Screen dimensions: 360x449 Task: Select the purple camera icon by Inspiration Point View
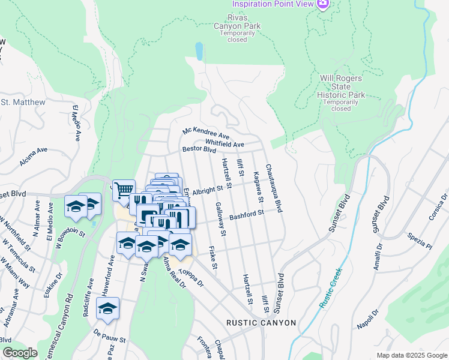click(x=323, y=4)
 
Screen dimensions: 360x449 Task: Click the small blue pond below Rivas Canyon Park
click(x=199, y=52)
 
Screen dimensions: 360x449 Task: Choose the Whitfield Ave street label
click(x=224, y=144)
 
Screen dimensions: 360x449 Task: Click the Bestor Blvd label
click(x=199, y=149)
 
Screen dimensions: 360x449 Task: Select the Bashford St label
click(x=246, y=214)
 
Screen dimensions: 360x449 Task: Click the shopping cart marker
click(x=123, y=190)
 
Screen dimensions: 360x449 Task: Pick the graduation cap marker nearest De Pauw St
click(x=107, y=308)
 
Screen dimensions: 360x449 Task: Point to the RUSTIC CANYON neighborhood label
click(x=261, y=323)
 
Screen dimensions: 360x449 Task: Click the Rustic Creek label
click(x=330, y=289)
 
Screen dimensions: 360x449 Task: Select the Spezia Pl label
click(x=420, y=241)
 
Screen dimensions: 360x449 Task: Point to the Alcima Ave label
click(x=33, y=158)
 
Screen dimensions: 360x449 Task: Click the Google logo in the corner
click(x=19, y=352)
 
